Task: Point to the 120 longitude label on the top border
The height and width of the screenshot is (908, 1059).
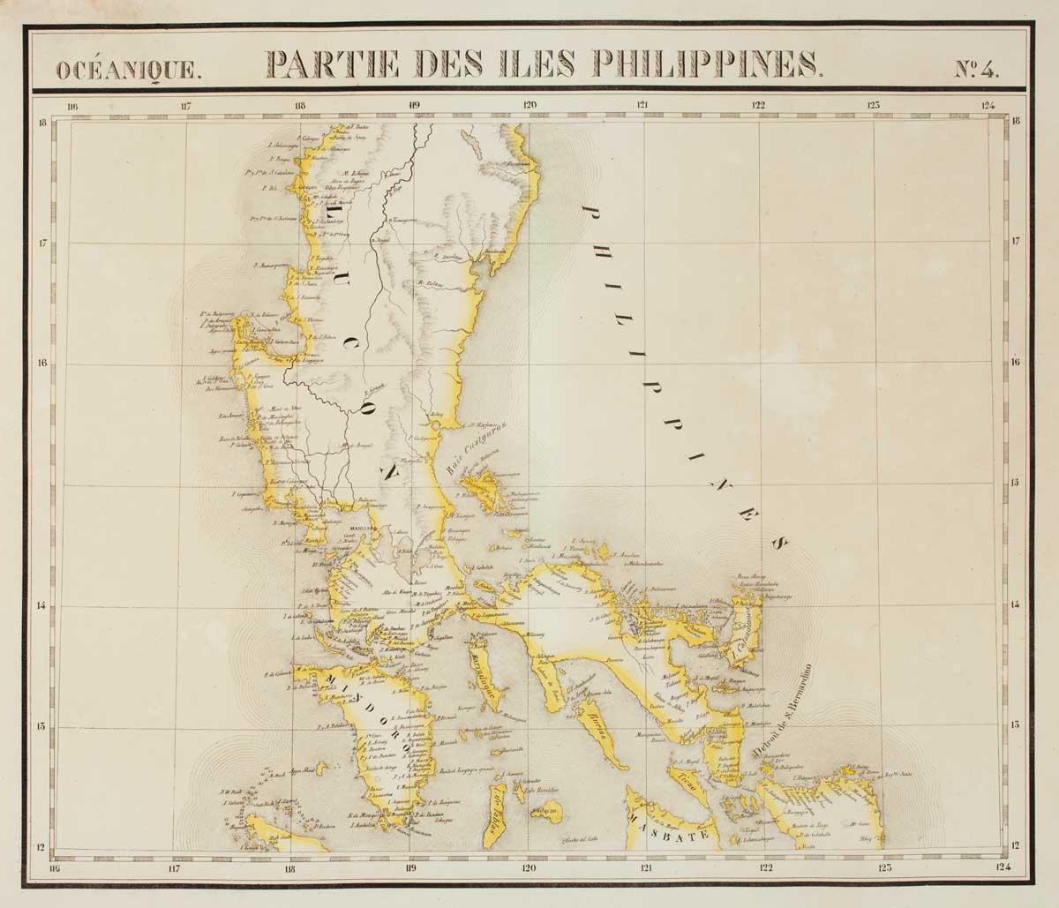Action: [x=529, y=105]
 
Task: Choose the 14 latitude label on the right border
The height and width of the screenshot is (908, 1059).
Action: [x=1016, y=604]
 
